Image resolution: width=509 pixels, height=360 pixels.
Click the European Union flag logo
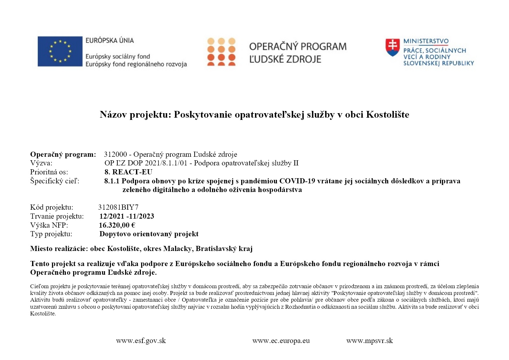[x=60, y=51]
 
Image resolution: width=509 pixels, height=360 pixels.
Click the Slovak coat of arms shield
[x=393, y=47]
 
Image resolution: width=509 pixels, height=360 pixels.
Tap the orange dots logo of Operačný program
[x=221, y=52]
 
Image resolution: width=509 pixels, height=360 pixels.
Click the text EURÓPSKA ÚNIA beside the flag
[x=109, y=41]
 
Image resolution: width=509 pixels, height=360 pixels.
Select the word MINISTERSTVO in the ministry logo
[x=426, y=41]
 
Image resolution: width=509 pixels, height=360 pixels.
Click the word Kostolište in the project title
[x=387, y=114]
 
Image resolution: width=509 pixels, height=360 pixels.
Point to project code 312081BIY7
[x=118, y=207]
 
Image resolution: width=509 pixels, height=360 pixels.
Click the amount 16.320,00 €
[x=117, y=225]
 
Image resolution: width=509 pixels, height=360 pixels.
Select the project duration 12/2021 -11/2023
[x=127, y=216]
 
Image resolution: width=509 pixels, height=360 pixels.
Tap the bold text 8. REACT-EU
[x=128, y=172]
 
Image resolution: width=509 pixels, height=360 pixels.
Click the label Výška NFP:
[x=49, y=225]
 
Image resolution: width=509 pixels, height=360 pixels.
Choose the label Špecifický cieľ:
[x=55, y=181]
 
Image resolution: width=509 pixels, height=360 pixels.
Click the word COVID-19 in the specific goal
[x=297, y=181]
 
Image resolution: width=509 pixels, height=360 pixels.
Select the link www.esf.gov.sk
[x=141, y=341]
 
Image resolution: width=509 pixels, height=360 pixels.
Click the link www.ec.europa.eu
[x=281, y=341]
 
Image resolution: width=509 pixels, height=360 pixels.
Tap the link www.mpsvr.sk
[x=369, y=341]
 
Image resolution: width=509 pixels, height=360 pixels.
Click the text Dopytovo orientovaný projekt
[x=149, y=234]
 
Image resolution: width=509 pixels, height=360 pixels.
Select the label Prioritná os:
[x=49, y=172]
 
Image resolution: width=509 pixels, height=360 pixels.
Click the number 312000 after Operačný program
[x=115, y=154]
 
